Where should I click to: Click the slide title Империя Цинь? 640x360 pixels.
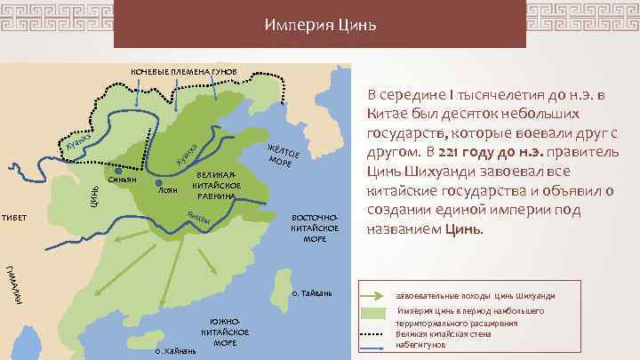tap(320, 25)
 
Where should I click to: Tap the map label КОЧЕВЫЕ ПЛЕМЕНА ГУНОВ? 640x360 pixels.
tap(185, 72)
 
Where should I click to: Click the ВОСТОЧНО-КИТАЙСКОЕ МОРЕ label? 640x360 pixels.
tap(315, 228)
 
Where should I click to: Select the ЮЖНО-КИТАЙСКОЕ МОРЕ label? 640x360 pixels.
tap(224, 330)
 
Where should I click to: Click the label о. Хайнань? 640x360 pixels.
tap(175, 351)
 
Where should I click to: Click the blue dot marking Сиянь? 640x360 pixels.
tap(119, 171)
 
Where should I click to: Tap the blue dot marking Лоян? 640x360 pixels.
tap(158, 182)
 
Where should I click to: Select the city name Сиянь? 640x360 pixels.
tap(122, 180)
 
